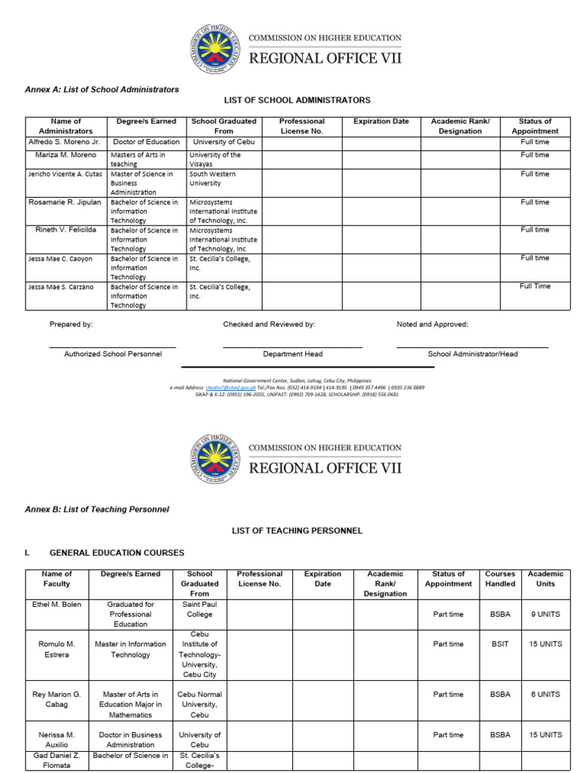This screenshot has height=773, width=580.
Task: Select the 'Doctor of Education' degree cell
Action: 147,142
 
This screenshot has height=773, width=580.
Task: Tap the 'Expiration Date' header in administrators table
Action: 381,122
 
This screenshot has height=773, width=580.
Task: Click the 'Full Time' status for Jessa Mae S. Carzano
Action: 535,286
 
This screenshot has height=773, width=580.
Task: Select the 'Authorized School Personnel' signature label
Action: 113,354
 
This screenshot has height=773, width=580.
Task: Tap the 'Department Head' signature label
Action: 292,354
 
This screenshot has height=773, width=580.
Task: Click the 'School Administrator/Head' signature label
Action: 473,354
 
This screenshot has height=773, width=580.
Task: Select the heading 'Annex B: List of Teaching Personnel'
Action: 97,510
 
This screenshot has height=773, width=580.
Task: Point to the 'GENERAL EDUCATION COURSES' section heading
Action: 116,553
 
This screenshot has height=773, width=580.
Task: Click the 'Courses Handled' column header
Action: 500,579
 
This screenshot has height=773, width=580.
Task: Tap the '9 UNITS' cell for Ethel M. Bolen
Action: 545,614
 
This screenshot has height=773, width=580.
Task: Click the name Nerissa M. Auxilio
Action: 57,740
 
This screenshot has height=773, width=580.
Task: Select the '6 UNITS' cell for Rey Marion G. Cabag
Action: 545,694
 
